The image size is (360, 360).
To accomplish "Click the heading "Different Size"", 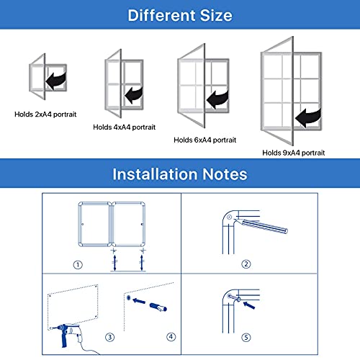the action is [x=180, y=15].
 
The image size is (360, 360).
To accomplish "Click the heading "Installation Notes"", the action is [x=180, y=174].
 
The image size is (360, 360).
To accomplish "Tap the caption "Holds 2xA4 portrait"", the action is [x=45, y=114].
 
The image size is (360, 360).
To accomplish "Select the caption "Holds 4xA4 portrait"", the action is [x=125, y=127].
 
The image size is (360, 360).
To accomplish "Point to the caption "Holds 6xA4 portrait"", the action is [x=205, y=140].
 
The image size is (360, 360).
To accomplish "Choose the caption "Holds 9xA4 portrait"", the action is [x=294, y=153].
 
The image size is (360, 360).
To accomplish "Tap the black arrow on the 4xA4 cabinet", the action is [x=134, y=95].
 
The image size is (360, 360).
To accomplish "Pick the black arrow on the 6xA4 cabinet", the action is [x=217, y=99].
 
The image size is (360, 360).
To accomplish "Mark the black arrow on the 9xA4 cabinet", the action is [x=308, y=117].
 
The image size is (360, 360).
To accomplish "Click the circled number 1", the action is [x=78, y=265].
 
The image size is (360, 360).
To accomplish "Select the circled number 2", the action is [x=246, y=264].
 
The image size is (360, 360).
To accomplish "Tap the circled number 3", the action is [x=110, y=337].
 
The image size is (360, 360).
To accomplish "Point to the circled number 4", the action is [x=171, y=337].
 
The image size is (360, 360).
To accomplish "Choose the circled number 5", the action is [x=246, y=338].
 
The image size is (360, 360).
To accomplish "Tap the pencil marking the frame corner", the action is [x=261, y=225].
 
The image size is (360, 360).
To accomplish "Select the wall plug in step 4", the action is [x=158, y=307].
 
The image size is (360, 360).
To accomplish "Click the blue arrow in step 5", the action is [x=249, y=305].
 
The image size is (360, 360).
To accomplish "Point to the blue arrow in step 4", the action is [x=139, y=301].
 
